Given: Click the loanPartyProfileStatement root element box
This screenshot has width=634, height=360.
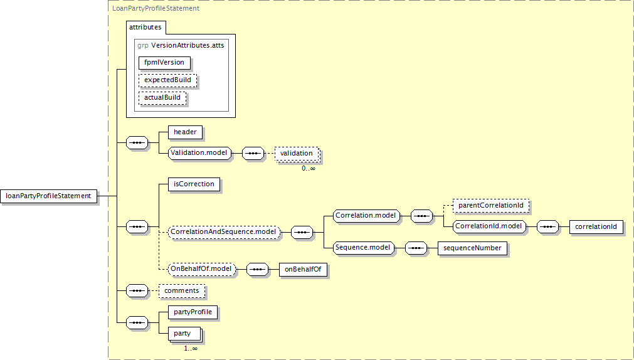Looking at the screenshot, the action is (48, 196).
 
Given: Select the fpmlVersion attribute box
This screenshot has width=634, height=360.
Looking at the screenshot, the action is (164, 62).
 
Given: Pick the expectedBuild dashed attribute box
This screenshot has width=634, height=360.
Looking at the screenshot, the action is (167, 80).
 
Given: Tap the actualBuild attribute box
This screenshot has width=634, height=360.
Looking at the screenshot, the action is (162, 97).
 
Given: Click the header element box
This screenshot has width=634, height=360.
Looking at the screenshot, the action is (185, 132).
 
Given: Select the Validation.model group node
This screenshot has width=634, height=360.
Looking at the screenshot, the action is (200, 153).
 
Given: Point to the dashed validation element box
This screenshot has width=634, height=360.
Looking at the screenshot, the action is (297, 153).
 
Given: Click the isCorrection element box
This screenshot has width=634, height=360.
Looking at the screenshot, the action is (194, 184).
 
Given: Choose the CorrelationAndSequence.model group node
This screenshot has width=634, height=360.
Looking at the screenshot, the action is (224, 232).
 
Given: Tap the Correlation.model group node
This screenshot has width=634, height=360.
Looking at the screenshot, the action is (366, 216).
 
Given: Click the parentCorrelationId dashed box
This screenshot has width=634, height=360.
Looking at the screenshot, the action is (491, 205).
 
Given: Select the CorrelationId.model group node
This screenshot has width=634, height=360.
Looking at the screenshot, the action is (489, 226).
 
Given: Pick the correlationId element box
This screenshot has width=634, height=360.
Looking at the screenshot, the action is (596, 226).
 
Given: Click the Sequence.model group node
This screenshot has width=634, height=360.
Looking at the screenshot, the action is (364, 247).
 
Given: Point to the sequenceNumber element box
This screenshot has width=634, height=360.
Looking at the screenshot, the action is (472, 248).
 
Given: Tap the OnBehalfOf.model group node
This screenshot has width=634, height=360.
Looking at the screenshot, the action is (202, 268).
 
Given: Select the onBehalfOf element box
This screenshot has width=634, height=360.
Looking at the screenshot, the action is (303, 269).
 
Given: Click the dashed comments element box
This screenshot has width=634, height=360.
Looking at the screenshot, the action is (182, 290).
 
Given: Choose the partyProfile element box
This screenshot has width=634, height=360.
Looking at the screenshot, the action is (193, 312).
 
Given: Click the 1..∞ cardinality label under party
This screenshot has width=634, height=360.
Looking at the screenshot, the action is (191, 348).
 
